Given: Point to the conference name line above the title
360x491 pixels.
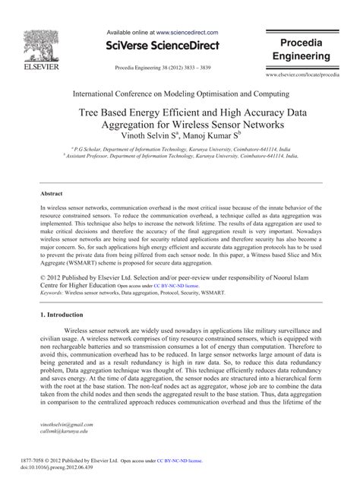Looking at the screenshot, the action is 180,94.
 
